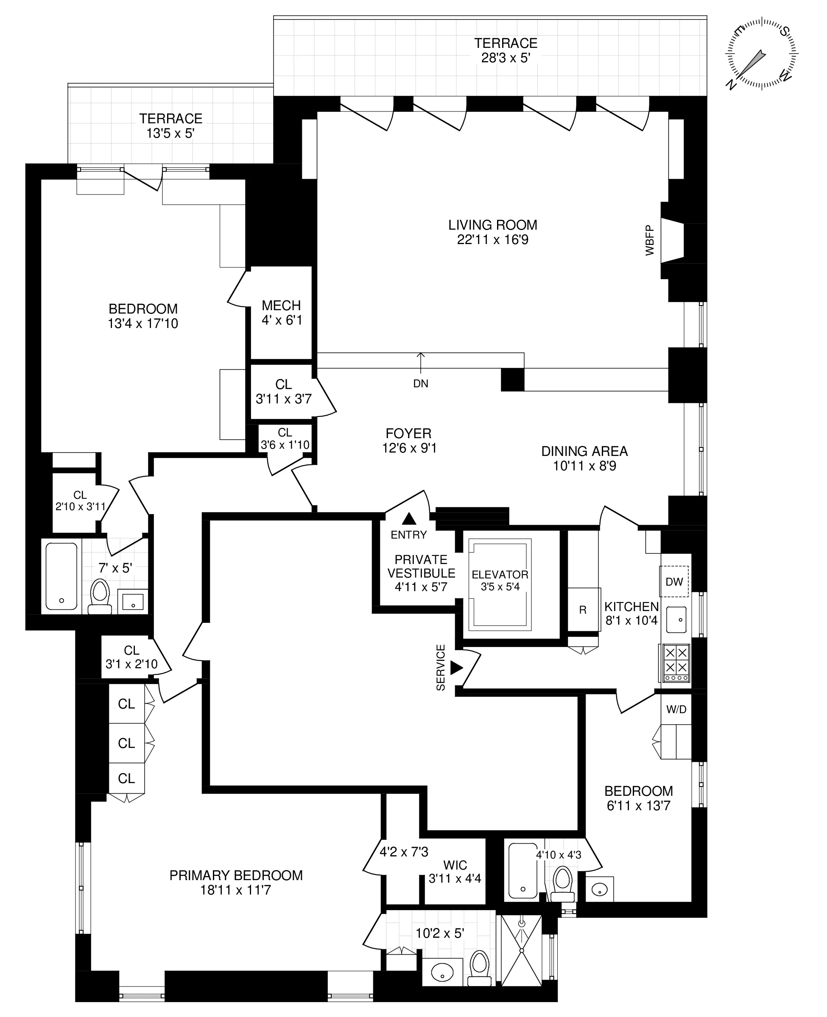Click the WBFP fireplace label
coord(650,241)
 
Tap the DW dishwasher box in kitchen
coord(674,581)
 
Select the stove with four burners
coord(676,663)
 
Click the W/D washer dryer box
coord(676,709)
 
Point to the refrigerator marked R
coord(583,610)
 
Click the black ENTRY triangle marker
coord(409,519)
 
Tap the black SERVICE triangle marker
coord(456,668)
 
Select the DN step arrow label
coord(421,383)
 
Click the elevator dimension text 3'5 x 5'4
coord(500,587)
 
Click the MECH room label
coord(282,305)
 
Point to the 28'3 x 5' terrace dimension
coord(506,58)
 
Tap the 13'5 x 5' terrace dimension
coord(170,133)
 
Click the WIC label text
coord(455,865)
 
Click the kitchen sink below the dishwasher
coord(676,620)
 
